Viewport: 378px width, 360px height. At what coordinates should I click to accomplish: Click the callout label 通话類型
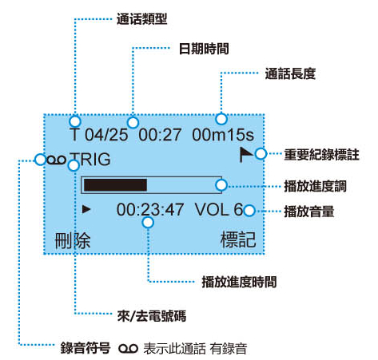pyautogui.click(x=142, y=19)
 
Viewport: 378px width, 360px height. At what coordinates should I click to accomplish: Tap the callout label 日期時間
pyautogui.click(x=204, y=49)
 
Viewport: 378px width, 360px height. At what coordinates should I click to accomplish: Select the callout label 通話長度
pyautogui.click(x=290, y=73)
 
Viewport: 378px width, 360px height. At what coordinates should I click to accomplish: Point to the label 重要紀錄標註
pyautogui.click(x=321, y=155)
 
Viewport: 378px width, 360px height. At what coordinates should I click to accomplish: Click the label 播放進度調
pyautogui.click(x=315, y=186)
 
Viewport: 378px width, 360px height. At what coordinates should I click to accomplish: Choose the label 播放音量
pyautogui.click(x=309, y=212)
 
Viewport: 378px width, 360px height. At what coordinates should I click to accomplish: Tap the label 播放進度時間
pyautogui.click(x=239, y=282)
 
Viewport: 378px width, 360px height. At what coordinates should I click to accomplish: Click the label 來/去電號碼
pyautogui.click(x=152, y=316)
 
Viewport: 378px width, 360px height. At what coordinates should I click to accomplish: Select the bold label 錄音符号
pyautogui.click(x=86, y=348)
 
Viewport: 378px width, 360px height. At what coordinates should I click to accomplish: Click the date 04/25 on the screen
pyautogui.click(x=106, y=135)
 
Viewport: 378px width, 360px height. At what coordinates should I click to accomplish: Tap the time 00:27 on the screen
pyautogui.click(x=160, y=135)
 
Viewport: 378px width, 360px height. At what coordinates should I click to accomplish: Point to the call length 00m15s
pyautogui.click(x=223, y=135)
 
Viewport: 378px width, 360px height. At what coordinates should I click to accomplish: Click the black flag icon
pyautogui.click(x=245, y=154)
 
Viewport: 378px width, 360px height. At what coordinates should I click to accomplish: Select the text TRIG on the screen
pyautogui.click(x=90, y=160)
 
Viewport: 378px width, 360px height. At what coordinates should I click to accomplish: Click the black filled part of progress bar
pyautogui.click(x=115, y=185)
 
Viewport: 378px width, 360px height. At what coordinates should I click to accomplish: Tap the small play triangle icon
pyautogui.click(x=86, y=209)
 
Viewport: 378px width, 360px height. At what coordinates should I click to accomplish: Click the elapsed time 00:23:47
pyautogui.click(x=150, y=210)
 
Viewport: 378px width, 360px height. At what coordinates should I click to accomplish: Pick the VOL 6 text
pyautogui.click(x=219, y=210)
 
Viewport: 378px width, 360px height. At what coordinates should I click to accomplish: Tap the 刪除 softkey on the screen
pyautogui.click(x=73, y=240)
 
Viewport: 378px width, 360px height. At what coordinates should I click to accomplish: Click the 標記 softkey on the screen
pyautogui.click(x=238, y=239)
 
